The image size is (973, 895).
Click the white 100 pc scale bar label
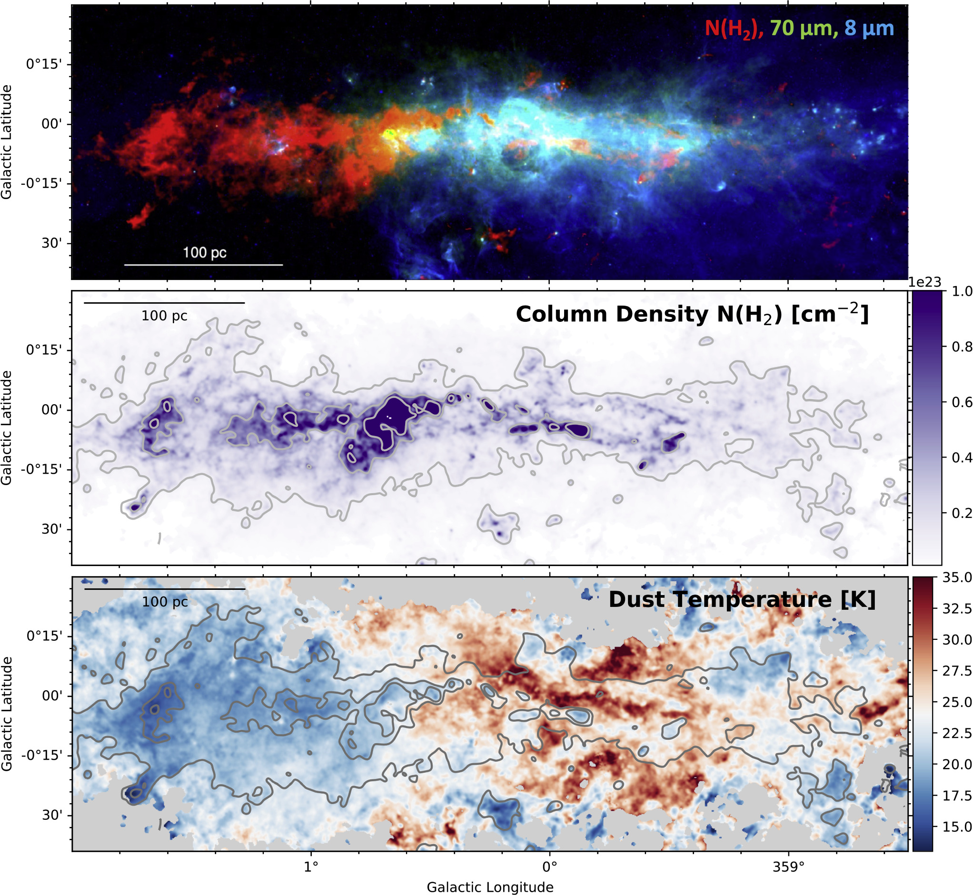pos(204,252)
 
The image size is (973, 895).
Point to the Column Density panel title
pos(692,315)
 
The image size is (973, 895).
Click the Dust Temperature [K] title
pos(742,599)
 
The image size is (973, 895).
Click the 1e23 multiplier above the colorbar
pos(924,282)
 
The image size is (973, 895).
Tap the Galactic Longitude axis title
pos(490,887)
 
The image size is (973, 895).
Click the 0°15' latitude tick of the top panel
pos(44,65)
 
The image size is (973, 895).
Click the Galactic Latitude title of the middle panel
pos(7,428)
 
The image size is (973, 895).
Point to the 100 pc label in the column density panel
pos(164,316)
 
